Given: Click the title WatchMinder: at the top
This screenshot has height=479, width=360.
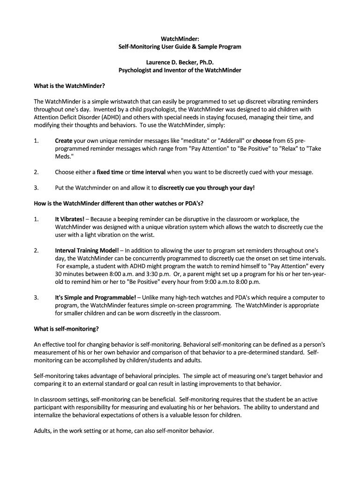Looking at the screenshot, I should point(180,38).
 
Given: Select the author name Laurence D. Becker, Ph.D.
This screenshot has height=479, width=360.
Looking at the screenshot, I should point(180,62).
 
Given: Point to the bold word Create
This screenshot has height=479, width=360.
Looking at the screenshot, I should point(64,140).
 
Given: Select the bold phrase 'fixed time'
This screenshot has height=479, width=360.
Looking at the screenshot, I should point(110,172).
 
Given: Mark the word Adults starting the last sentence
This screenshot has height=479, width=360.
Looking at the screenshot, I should point(43,431).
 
